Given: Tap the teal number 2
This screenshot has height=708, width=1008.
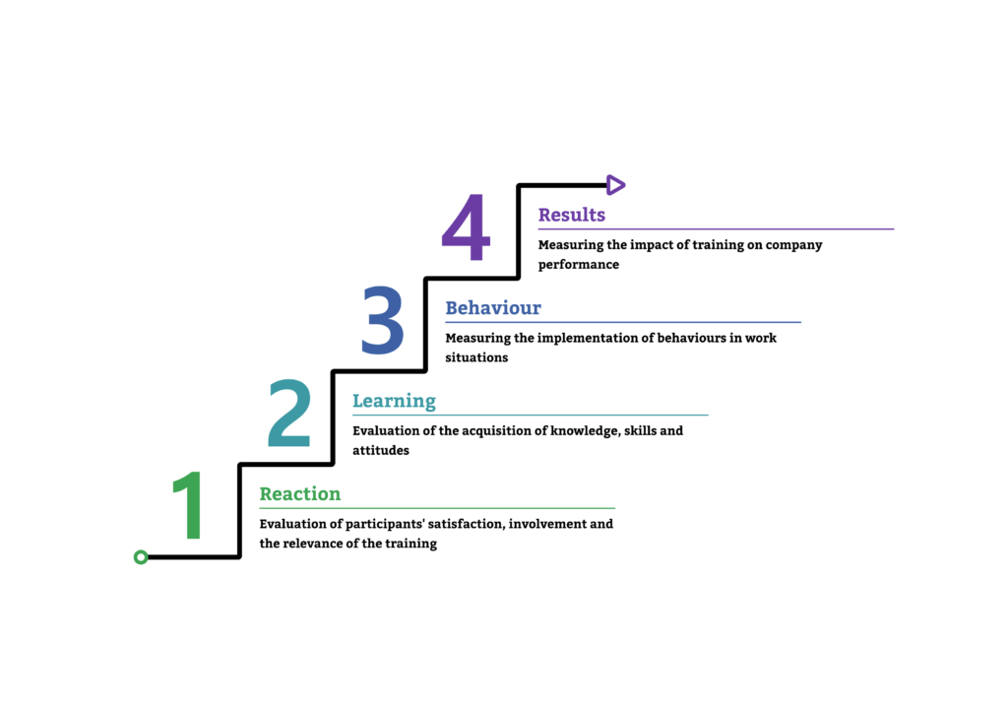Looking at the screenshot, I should click(289, 414).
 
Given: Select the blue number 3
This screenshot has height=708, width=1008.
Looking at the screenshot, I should click(382, 320).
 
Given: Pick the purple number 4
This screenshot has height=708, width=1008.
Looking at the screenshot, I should click(466, 227).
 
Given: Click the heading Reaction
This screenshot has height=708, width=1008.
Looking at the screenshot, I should click(300, 494).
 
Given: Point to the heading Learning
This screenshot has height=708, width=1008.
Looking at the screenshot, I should click(394, 401).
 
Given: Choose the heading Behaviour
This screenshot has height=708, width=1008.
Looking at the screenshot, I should click(493, 308).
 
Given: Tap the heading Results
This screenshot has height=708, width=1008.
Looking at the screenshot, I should click(572, 215).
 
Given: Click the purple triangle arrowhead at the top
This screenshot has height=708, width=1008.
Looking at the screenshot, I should click(615, 184).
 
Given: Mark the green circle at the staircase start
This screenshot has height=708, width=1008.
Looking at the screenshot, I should click(141, 557).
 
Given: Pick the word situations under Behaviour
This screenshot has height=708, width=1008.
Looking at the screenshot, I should click(476, 357).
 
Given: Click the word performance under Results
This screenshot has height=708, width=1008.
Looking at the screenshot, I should click(579, 264).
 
